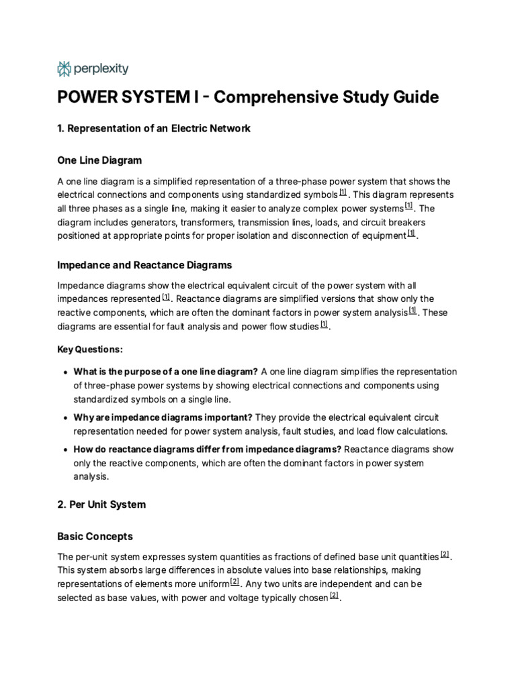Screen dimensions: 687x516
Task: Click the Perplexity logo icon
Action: click(64, 68)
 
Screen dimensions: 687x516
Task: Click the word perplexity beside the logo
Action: click(100, 68)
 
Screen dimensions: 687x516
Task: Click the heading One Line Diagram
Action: click(99, 160)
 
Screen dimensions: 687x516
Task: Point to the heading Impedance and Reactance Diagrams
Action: click(144, 265)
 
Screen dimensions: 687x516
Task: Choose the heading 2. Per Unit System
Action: click(101, 504)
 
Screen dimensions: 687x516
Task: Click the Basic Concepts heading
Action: click(95, 537)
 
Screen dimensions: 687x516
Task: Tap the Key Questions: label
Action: click(90, 350)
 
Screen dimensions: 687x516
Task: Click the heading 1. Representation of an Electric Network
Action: click(154, 128)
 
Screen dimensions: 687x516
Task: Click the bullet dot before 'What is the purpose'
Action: click(64, 372)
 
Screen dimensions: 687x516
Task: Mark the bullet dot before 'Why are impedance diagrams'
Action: click(64, 417)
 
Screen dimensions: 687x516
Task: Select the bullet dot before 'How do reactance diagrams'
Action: click(64, 450)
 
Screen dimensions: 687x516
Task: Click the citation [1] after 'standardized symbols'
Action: click(343, 193)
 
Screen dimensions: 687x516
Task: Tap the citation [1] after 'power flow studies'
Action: click(324, 324)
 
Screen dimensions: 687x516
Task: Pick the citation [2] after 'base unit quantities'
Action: click(445, 555)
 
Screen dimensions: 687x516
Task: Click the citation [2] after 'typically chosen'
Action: click(334, 595)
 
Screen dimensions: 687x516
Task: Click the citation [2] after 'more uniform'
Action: click(234, 582)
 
